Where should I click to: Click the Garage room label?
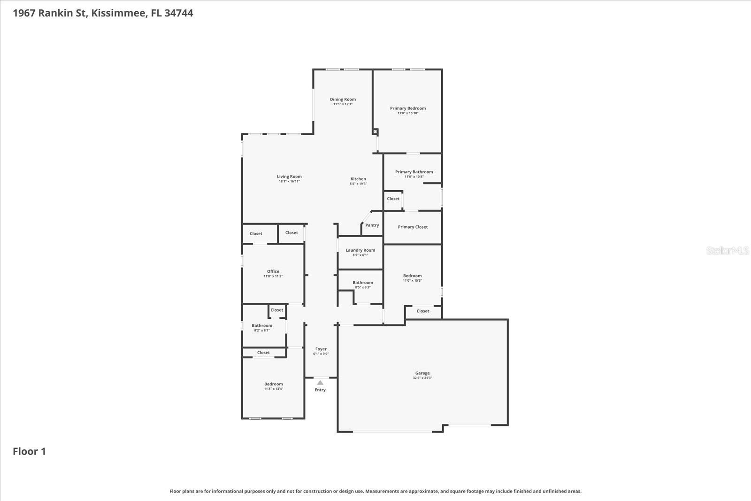click(422, 373)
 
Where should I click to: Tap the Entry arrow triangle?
click(320, 383)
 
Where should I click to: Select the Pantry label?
click(372, 225)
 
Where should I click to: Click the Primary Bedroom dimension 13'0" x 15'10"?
click(407, 113)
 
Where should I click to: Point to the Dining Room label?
click(343, 99)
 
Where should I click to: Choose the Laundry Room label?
click(360, 250)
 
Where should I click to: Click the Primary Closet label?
click(413, 227)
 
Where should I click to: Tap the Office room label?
click(273, 271)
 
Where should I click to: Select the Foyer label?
click(321, 349)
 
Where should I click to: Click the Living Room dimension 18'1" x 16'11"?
click(289, 181)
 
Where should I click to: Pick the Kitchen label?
click(358, 179)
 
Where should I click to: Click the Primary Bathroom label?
click(414, 172)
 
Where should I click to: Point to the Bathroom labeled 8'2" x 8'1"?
click(262, 325)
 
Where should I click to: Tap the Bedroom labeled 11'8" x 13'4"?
click(273, 384)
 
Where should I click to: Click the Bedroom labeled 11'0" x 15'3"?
click(412, 276)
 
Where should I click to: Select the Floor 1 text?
click(29, 452)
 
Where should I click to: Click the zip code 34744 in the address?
click(179, 13)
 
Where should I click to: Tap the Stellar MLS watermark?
click(728, 251)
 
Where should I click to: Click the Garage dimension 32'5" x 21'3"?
click(422, 378)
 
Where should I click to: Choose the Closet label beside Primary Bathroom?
click(393, 199)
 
